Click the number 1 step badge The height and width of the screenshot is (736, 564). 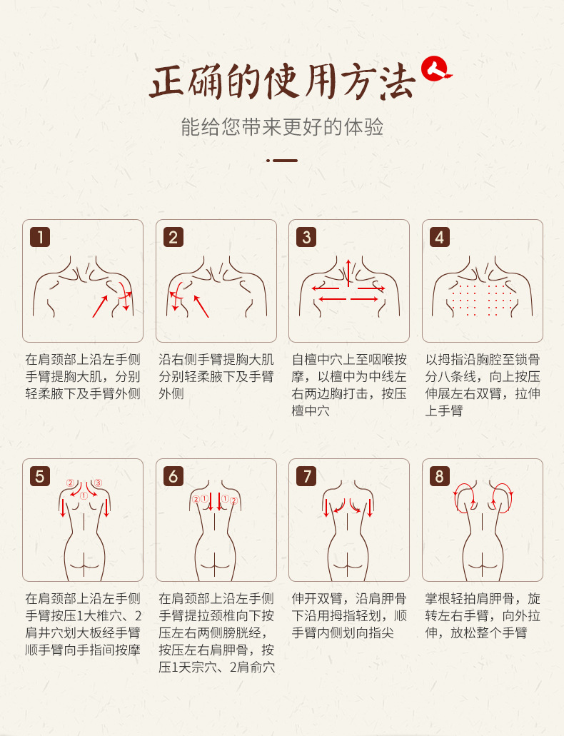point(41,237)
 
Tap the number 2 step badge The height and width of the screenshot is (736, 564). point(173,237)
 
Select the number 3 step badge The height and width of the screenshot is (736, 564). point(306,237)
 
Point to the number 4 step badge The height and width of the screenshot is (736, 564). point(440,237)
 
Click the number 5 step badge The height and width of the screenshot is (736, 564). point(41,476)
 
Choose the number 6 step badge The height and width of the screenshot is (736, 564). point(173,476)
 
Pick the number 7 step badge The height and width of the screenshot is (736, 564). point(306,476)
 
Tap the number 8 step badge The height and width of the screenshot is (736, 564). point(440,476)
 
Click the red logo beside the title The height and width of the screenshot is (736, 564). point(435,69)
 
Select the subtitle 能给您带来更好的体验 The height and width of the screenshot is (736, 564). point(282,127)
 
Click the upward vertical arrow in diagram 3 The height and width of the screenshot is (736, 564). point(348,273)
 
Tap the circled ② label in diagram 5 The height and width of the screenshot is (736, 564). point(71,483)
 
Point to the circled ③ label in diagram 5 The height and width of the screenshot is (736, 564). point(98,483)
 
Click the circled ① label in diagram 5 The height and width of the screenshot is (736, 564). point(84,495)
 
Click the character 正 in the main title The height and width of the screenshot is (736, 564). point(168,81)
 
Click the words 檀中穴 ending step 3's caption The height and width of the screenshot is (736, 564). point(311,410)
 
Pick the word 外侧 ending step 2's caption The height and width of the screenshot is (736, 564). point(171,393)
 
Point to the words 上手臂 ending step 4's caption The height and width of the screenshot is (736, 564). point(444,410)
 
